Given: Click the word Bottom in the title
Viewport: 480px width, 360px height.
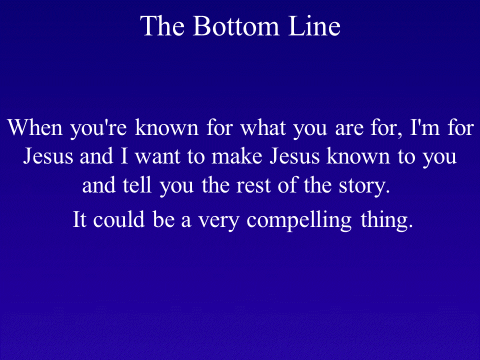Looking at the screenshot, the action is (236, 25).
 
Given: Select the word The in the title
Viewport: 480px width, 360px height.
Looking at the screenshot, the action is (162, 25).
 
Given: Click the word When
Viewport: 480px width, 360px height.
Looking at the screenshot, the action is (35, 127).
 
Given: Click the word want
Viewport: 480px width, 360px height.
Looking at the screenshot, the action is (157, 156).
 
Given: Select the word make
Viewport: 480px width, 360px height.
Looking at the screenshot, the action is (237, 156).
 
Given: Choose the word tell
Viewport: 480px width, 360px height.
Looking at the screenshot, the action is (137, 185).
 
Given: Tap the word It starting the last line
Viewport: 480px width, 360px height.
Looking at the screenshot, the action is (78, 219).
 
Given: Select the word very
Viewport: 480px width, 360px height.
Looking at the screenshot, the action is (218, 221).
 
